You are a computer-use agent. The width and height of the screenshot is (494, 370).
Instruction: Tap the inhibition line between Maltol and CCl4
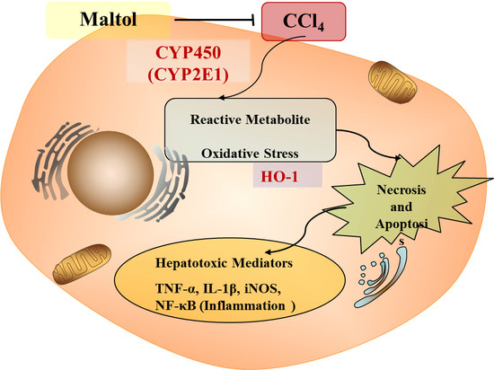tap(189, 19)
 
